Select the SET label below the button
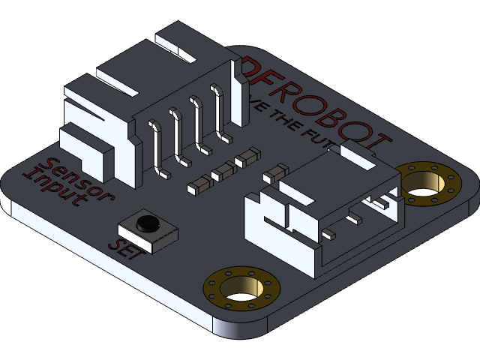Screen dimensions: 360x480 pos(124,247)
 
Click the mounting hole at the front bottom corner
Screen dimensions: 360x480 pos(241,288)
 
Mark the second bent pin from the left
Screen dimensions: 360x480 pos(178,136)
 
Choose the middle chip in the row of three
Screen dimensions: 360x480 pos(223,172)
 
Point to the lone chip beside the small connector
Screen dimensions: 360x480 pos(274,173)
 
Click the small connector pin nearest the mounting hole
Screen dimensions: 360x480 pos(382,202)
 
